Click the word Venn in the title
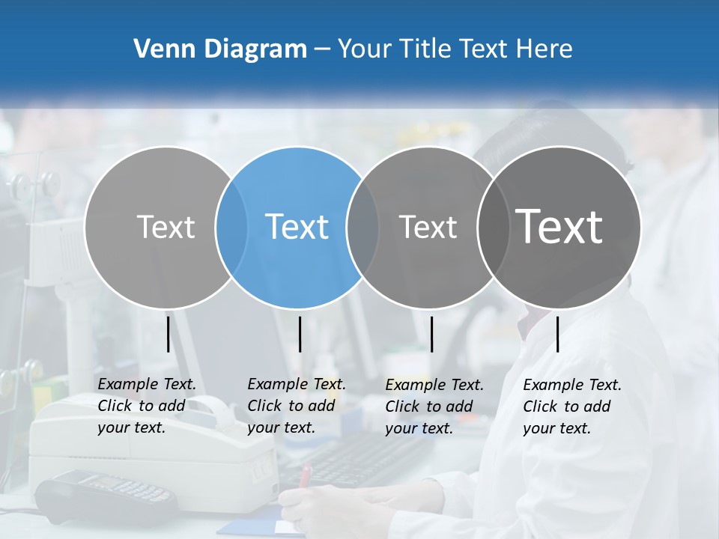159,49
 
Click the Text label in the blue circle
297,227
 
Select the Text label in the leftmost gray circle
166,227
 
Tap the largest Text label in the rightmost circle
559,226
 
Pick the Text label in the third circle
428,227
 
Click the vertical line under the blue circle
300,334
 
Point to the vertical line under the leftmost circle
168,334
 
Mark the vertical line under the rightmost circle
557,334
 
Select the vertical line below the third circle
431,334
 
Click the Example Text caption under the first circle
147,406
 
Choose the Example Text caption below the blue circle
297,406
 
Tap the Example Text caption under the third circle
434,406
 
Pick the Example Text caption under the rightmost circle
572,406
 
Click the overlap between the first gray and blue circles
231,227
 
